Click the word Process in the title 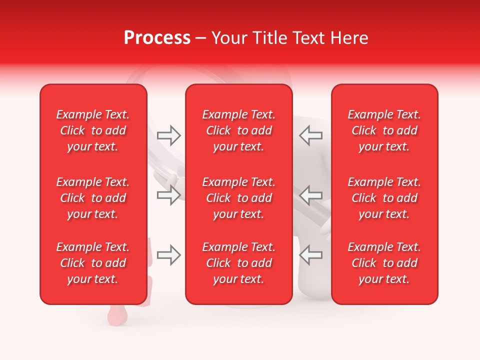tap(157, 38)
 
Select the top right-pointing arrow tap(169, 135)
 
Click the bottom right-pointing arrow tap(169, 255)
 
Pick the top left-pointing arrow tap(310, 135)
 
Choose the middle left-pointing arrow tap(310, 194)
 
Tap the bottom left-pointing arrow tap(310, 255)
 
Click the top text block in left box tap(93, 130)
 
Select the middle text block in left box tap(93, 198)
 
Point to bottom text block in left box tap(93, 263)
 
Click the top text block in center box tap(239, 130)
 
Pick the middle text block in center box tap(239, 198)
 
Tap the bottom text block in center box tap(239, 263)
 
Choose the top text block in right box tap(384, 130)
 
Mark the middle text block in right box tap(384, 198)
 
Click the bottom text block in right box tap(384, 263)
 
